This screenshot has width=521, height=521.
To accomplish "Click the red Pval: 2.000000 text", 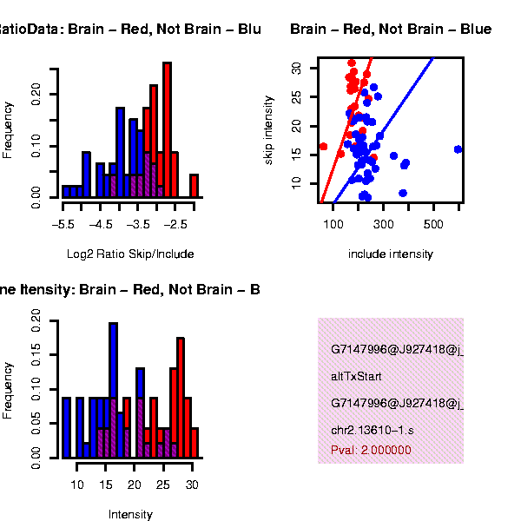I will click(x=371, y=451).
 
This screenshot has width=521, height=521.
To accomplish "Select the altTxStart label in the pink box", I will click(x=356, y=377).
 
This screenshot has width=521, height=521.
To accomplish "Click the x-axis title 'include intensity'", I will click(x=390, y=254).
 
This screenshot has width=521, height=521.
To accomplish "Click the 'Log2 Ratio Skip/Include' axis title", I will click(x=130, y=254).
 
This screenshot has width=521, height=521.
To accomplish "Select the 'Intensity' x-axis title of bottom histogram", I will click(x=130, y=515).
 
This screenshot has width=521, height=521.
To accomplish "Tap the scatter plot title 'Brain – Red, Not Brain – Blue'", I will click(x=391, y=30).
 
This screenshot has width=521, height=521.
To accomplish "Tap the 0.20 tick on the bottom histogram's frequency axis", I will click(x=36, y=320).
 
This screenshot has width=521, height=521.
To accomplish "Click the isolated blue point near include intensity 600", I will click(x=458, y=149).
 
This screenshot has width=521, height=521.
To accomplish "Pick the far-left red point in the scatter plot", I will click(x=323, y=147).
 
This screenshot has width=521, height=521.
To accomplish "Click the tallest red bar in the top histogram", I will click(x=168, y=130).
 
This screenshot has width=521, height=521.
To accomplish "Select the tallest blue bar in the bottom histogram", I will click(x=113, y=389).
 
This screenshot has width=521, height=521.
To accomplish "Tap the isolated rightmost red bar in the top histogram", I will click(x=195, y=186).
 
